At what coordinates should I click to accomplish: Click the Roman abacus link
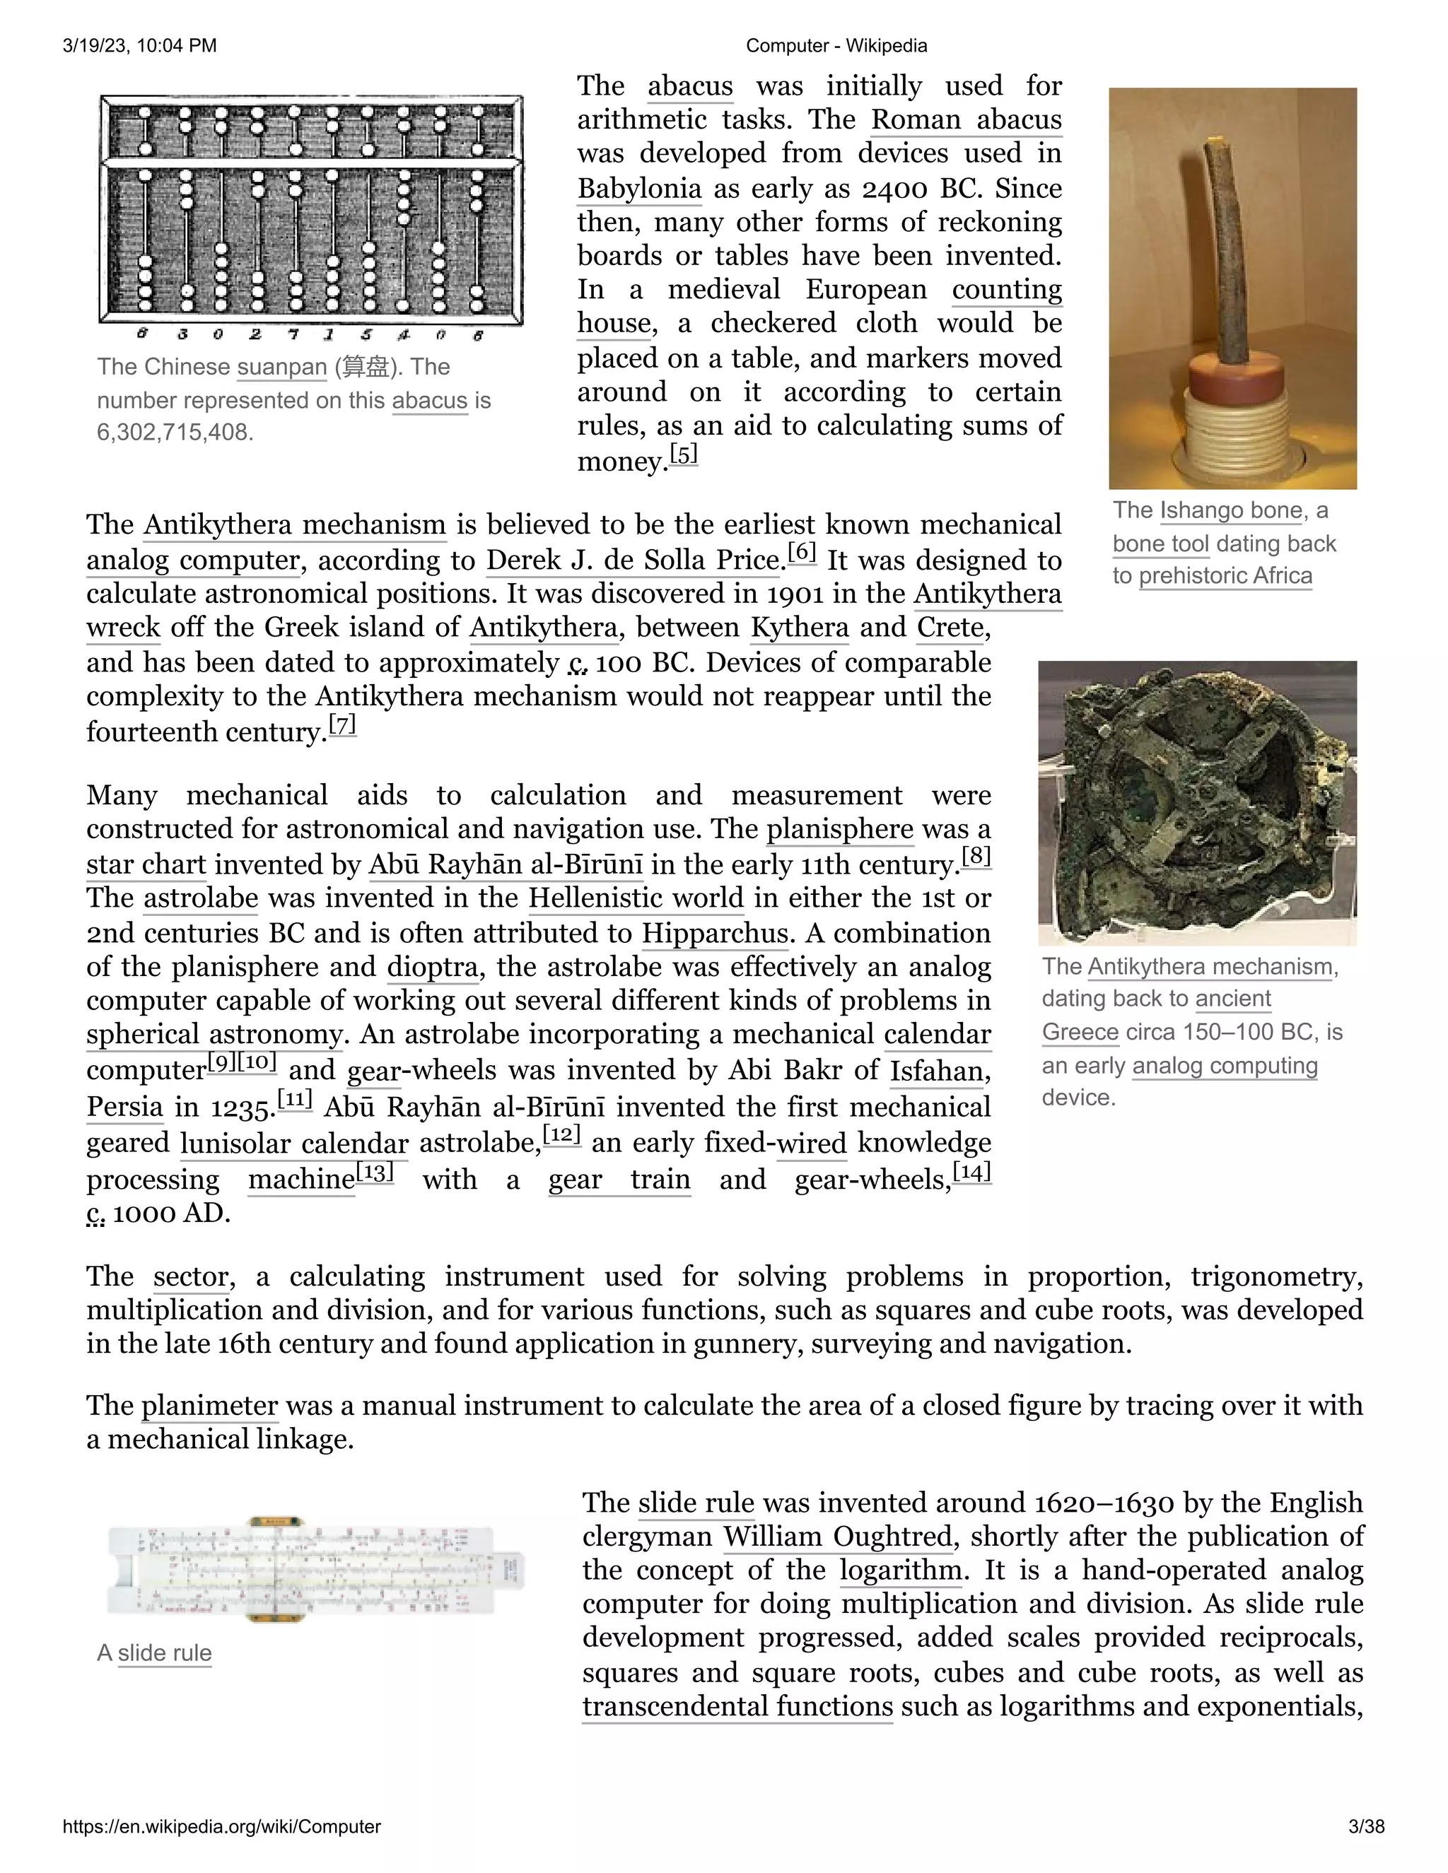[x=967, y=119]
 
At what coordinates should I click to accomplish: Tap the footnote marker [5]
[x=684, y=454]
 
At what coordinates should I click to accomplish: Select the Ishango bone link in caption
[x=1232, y=510]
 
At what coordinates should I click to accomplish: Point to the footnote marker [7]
[x=342, y=726]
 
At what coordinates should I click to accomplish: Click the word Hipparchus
[x=716, y=933]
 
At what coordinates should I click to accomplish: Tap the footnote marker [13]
[x=375, y=1173]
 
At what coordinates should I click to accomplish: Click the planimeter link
[x=209, y=1406]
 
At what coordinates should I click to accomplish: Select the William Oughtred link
[x=837, y=1536]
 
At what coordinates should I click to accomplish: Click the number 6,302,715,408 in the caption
[x=175, y=433]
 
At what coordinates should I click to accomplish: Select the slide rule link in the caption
[x=165, y=1652]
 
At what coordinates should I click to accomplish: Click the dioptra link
[x=432, y=968]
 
